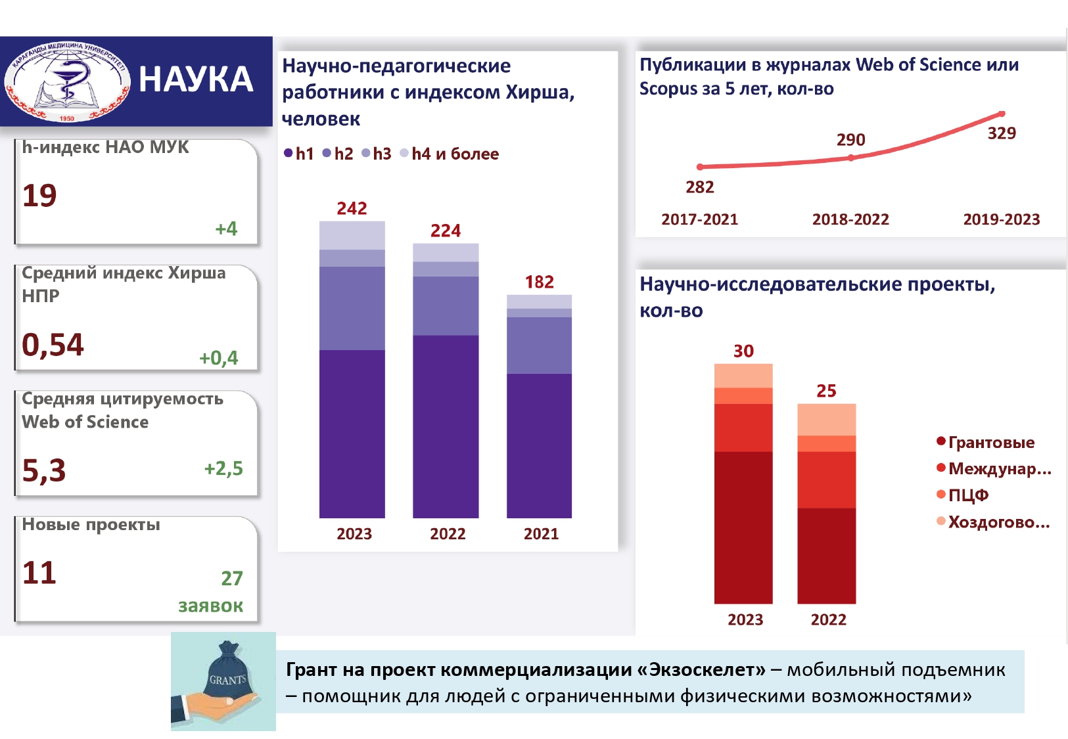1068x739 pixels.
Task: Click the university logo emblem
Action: tap(67, 82)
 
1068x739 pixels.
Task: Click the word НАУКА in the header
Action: tap(196, 80)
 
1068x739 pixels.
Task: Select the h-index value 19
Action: tap(39, 196)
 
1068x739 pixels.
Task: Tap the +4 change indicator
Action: tap(226, 229)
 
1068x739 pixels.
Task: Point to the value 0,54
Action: tap(53, 345)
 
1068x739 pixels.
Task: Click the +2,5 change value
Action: tap(223, 468)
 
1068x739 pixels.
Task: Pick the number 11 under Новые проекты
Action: tap(39, 573)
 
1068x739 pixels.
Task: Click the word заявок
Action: tap(210, 606)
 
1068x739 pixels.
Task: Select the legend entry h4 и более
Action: tap(455, 154)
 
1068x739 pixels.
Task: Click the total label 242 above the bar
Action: tap(352, 209)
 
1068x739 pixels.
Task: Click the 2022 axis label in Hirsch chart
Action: tap(448, 534)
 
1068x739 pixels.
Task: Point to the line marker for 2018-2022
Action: tap(851, 158)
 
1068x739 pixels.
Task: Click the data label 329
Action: tap(1002, 133)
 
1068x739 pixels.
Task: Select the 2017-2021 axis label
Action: tap(699, 219)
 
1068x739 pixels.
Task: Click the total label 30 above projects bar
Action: tap(743, 351)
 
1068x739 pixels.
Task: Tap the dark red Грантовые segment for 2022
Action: tap(826, 555)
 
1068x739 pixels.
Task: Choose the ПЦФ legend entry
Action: tap(968, 495)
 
